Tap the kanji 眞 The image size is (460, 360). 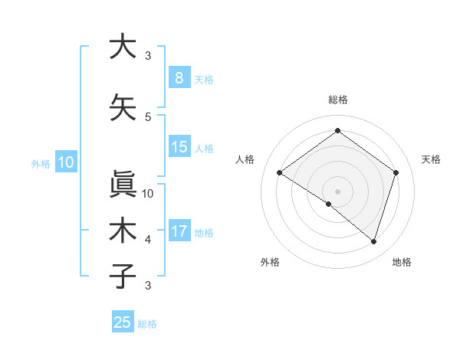pyautogui.click(x=122, y=182)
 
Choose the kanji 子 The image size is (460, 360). pyautogui.click(x=122, y=276)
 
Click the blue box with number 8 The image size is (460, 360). pyautogui.click(x=179, y=77)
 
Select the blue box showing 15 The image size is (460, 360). pyautogui.click(x=179, y=147)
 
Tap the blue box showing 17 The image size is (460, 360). pyautogui.click(x=179, y=231)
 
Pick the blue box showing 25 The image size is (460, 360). pyautogui.click(x=123, y=322)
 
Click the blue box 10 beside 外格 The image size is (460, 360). pyautogui.click(x=65, y=162)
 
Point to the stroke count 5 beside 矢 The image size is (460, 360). pyautogui.click(x=148, y=116)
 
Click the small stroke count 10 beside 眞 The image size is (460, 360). pyautogui.click(x=148, y=193)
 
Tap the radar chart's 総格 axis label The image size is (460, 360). pyautogui.click(x=337, y=100)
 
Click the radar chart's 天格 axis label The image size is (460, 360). pyautogui.click(x=431, y=159)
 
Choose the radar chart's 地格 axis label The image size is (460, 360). pyautogui.click(x=402, y=262)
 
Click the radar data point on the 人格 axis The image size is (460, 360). pyautogui.click(x=280, y=173)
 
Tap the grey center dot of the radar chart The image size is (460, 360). pyautogui.click(x=337, y=191)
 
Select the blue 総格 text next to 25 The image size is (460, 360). pyautogui.click(x=147, y=324)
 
